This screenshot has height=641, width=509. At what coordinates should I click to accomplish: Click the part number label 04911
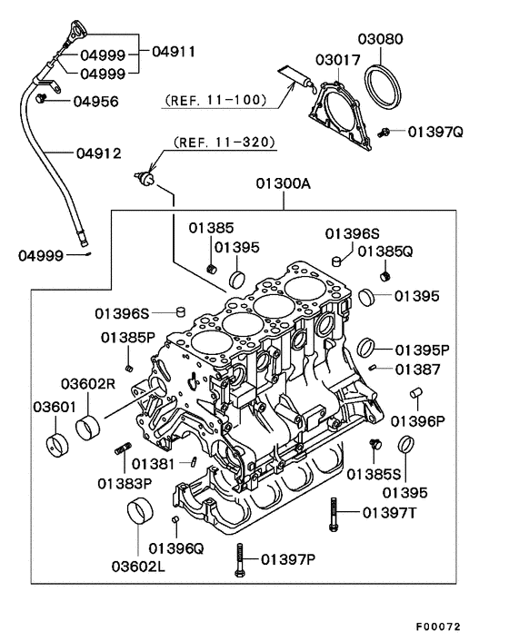pos(175,53)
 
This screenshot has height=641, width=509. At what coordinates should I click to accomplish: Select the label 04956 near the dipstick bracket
pos(95,101)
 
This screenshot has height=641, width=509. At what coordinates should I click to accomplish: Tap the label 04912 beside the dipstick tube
pos(99,153)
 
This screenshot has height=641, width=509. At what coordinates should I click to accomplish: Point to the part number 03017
pos(337,60)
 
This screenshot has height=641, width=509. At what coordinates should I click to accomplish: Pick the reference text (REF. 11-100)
pos(211,100)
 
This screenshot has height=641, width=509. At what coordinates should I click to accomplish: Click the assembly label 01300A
pos(283,183)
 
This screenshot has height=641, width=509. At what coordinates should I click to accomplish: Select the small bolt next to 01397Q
pos(385,133)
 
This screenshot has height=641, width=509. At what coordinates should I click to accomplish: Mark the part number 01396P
pos(418,421)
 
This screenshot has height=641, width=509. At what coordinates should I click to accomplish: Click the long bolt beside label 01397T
pos(334,515)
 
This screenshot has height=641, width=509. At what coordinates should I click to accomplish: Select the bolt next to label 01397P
pos(239,557)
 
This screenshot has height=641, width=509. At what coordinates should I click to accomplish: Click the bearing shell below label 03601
pos(58,445)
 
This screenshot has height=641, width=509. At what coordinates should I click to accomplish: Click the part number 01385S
pos(373,473)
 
